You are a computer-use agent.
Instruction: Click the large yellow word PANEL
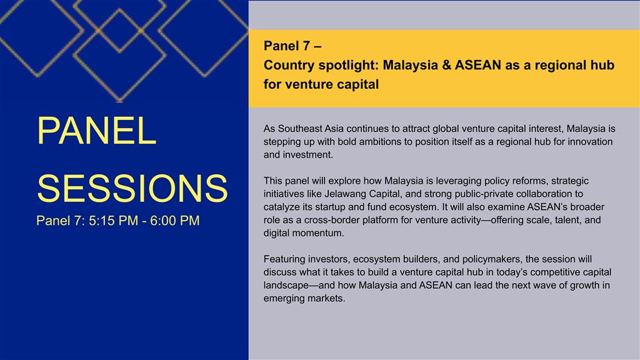point(97,131)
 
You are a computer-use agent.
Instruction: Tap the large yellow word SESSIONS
point(132,188)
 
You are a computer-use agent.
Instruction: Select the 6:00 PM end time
point(175,221)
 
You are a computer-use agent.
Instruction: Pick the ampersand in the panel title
point(446,65)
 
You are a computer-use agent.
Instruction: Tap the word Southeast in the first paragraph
point(300,129)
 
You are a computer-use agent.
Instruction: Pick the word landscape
point(286,285)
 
